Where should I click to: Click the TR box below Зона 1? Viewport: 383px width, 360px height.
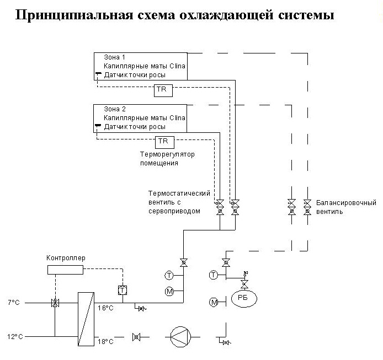163,90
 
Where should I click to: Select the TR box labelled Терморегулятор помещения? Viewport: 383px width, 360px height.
164,142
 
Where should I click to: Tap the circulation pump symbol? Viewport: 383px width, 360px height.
180,337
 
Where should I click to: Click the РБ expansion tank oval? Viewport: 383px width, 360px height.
244,298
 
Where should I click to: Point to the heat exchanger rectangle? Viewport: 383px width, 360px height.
86,319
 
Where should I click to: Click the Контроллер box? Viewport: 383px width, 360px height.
65,270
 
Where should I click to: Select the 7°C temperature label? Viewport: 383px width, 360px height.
14,303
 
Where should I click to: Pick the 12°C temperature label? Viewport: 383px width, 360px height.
15,337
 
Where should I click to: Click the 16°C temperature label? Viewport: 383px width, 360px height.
105,308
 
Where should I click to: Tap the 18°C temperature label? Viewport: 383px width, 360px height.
105,341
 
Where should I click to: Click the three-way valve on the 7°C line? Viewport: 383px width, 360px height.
55,303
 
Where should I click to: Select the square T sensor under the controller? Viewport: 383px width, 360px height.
123,290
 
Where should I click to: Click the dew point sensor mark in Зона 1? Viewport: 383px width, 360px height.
98,73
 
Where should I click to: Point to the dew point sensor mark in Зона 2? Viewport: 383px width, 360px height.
98,126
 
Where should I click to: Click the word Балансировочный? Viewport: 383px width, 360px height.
346,203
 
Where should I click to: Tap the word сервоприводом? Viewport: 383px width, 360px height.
174,211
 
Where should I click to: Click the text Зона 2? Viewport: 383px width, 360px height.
115,109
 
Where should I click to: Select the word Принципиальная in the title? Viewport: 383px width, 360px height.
75,15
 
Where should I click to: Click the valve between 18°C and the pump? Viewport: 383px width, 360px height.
136,337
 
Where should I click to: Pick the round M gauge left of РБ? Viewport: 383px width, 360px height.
214,303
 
